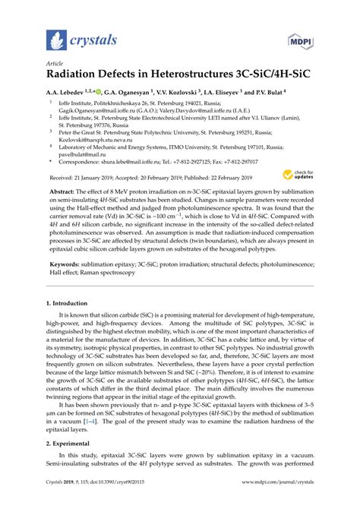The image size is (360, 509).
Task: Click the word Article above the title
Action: [x=55, y=65]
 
